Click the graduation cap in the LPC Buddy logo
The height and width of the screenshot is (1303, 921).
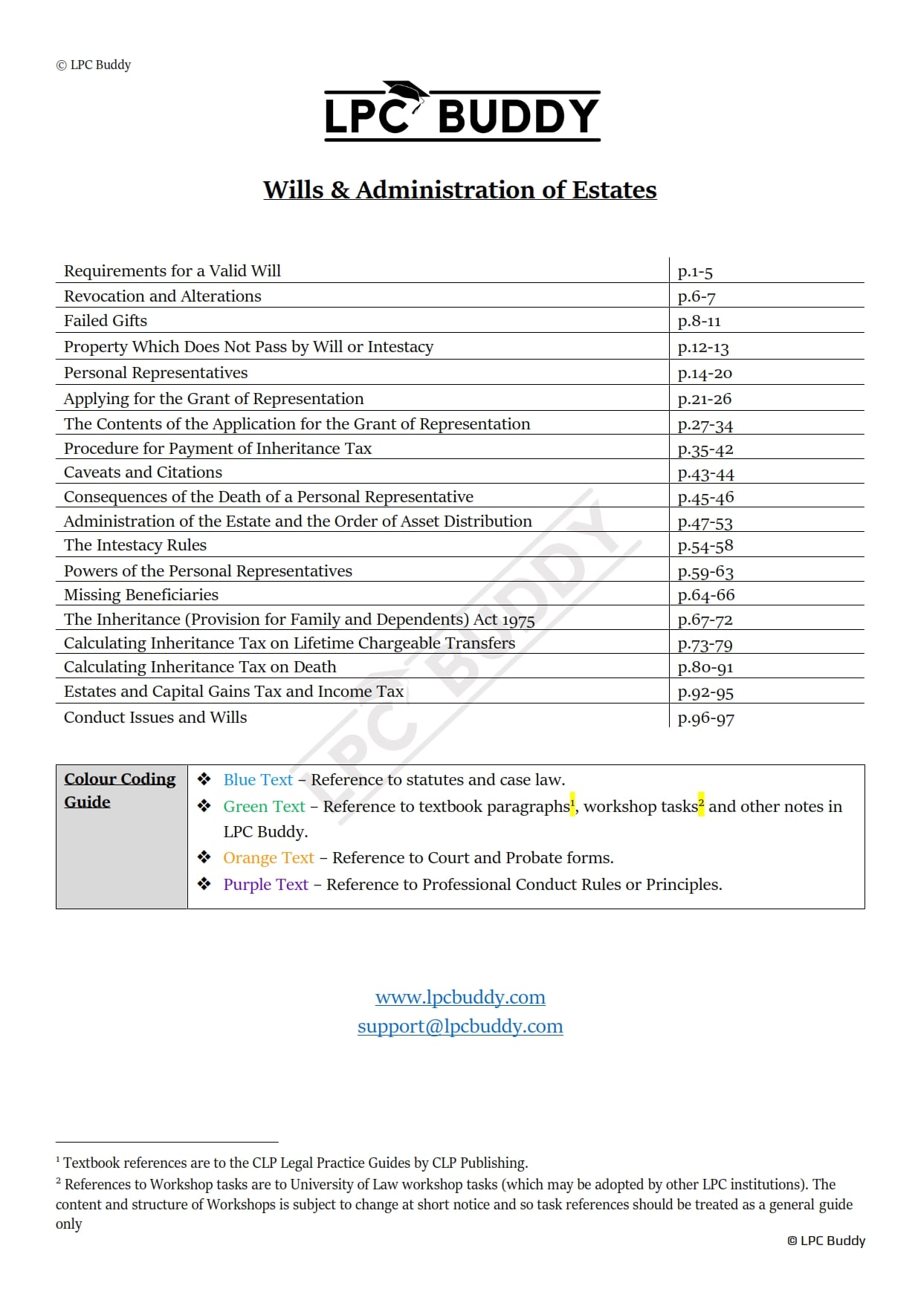[407, 92]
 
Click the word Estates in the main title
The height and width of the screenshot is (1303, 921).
[614, 190]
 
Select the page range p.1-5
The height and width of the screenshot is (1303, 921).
[695, 272]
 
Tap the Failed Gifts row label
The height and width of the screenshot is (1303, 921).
[106, 321]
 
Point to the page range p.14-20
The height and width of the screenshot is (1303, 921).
[705, 373]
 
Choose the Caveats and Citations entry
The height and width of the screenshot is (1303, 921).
[143, 472]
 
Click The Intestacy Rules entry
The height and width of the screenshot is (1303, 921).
[135, 545]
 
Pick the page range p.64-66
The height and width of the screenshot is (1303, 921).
[705, 595]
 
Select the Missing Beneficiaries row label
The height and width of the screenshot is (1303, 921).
[141, 595]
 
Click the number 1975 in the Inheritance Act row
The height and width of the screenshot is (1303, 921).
[518, 620]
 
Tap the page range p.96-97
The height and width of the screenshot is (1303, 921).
[705, 718]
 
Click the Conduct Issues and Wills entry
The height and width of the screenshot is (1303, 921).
[155, 718]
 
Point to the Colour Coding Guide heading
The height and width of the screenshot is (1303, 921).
[119, 790]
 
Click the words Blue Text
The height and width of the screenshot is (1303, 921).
[258, 780]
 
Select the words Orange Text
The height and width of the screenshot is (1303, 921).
[268, 858]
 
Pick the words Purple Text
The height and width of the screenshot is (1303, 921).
[265, 885]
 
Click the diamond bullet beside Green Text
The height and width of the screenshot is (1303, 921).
[204, 806]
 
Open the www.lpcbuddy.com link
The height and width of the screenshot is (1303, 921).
[460, 997]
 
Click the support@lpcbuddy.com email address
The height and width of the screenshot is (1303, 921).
[460, 1026]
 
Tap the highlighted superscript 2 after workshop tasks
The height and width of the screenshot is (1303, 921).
[701, 803]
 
